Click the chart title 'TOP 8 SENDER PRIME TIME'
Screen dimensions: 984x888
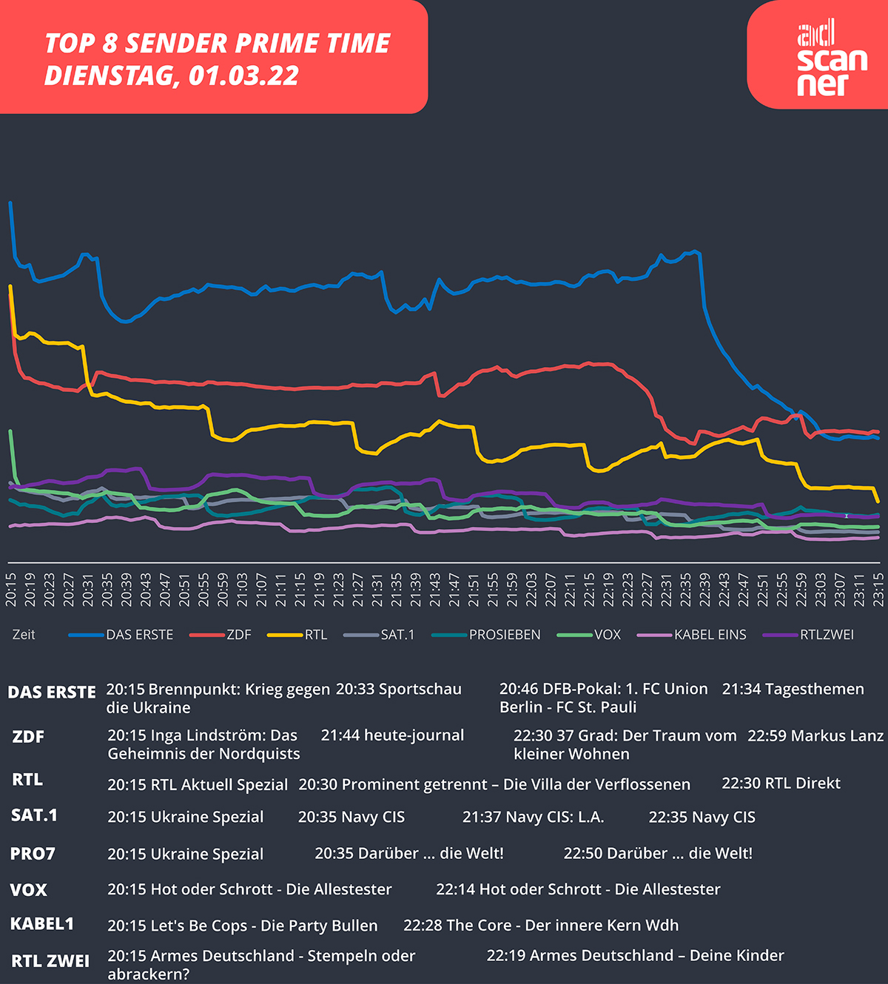pos(217,44)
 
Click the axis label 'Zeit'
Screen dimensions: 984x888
pos(24,635)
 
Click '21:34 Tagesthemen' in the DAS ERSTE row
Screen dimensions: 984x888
pos(793,689)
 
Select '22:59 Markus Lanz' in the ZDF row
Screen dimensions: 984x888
pos(815,736)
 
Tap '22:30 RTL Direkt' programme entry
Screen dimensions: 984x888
pos(781,784)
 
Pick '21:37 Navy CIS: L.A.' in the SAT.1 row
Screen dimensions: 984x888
pos(533,818)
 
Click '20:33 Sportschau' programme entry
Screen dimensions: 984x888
pos(398,689)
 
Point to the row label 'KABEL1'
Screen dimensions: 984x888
pos(42,924)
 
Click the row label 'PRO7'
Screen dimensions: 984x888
pos(33,854)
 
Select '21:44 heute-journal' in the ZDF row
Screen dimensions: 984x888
pos(392,735)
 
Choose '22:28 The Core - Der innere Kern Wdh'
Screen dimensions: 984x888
pos(540,926)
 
